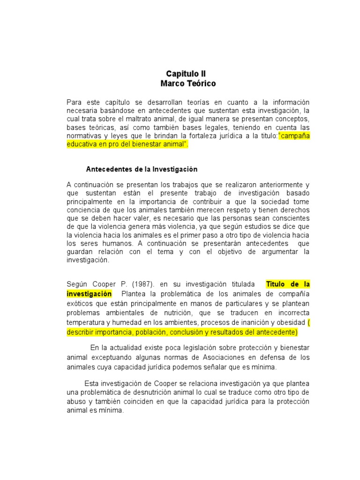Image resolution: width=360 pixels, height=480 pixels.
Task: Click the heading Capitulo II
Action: point(186,74)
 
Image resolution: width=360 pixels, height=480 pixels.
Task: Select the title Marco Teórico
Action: point(188,84)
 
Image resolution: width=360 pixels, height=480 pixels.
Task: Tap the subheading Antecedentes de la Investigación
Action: point(142,169)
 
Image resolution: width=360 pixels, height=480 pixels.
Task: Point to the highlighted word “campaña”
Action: point(294,136)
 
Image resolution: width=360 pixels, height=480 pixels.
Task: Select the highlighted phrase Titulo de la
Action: point(288,285)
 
